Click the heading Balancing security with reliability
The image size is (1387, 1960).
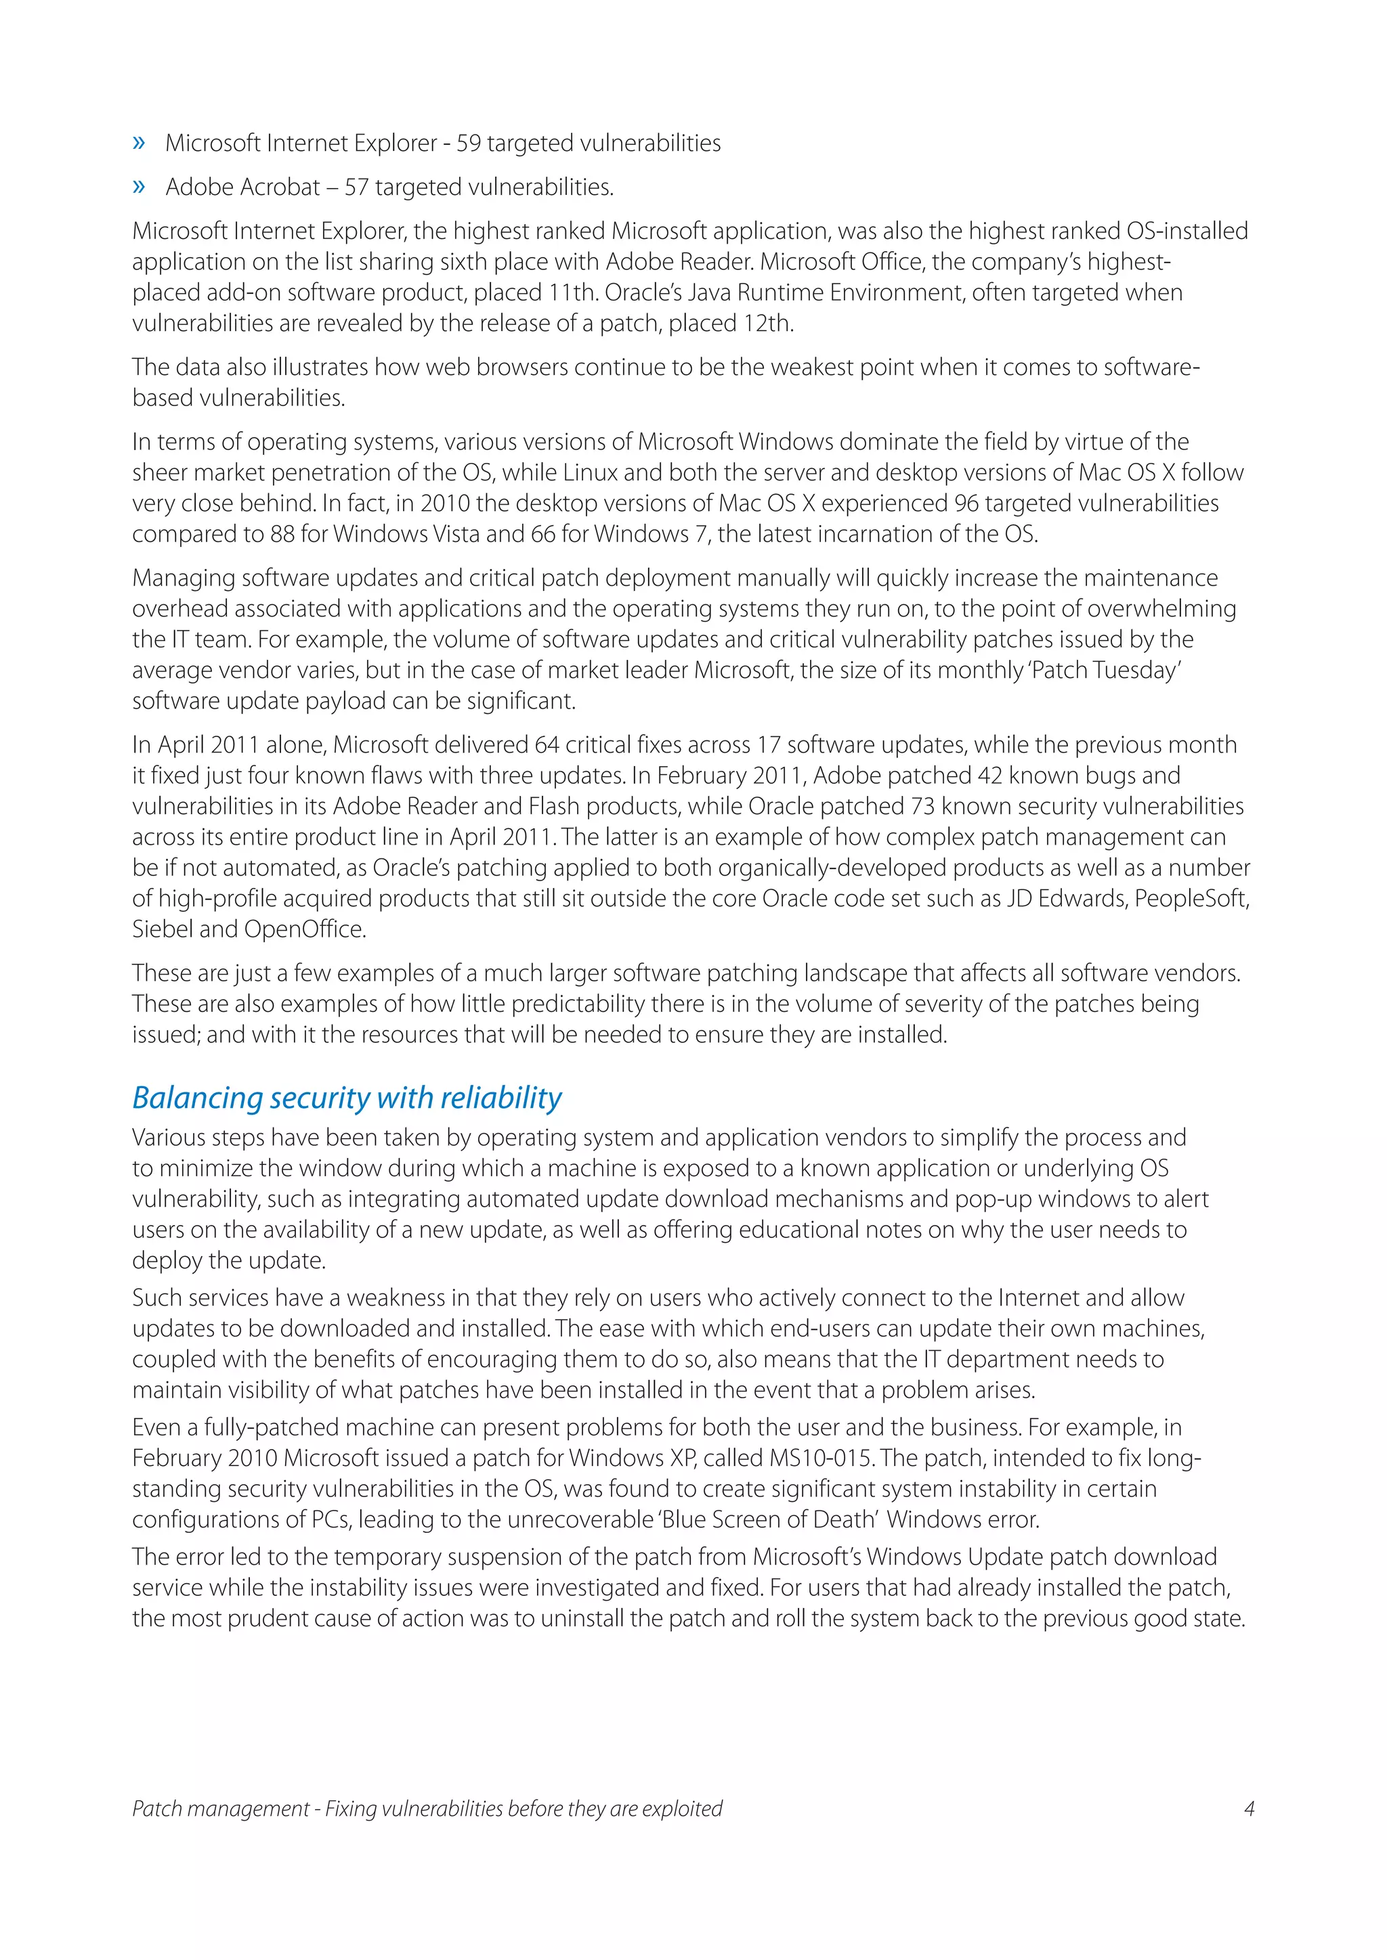347,1097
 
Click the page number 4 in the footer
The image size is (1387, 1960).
1249,1808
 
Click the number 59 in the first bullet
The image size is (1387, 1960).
468,143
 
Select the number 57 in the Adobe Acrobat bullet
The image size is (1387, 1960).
356,187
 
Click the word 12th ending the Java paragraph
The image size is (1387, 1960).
768,324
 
